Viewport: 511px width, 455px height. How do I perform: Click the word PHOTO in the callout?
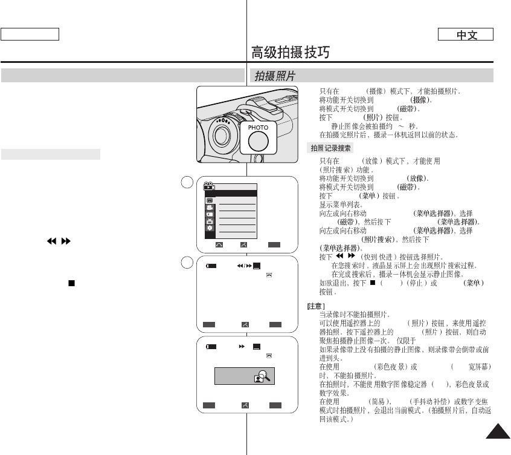(x=257, y=128)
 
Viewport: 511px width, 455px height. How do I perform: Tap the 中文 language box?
(x=466, y=34)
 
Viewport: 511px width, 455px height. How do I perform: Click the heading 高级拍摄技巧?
(x=291, y=53)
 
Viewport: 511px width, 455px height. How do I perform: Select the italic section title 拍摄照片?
(x=275, y=76)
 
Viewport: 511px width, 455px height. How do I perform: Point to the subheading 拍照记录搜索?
(x=331, y=148)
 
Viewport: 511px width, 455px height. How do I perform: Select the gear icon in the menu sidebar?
(x=209, y=228)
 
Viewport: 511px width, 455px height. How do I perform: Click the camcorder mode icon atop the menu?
(x=209, y=186)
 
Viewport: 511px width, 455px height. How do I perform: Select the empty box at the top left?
(x=30, y=34)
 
